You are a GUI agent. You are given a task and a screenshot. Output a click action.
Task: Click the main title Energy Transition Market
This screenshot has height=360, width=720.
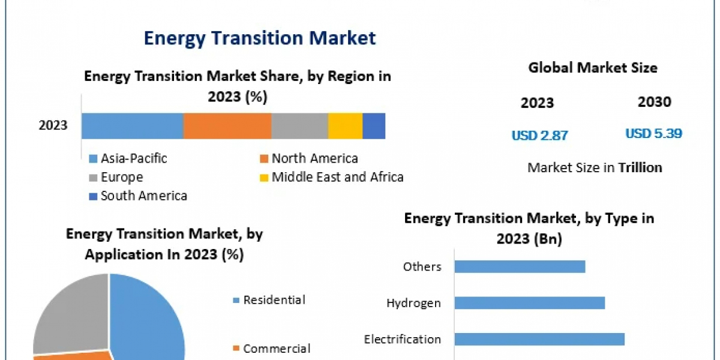click(259, 38)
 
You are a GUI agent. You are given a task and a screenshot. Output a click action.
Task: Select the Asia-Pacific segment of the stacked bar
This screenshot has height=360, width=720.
click(132, 126)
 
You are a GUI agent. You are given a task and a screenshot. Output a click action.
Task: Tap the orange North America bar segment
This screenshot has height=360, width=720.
click(227, 126)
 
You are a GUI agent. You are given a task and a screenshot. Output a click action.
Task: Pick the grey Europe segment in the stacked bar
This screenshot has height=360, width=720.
click(299, 126)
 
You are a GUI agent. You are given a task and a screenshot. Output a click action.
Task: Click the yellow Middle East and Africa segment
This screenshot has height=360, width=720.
click(345, 126)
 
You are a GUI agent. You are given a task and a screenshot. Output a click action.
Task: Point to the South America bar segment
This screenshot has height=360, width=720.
click(374, 126)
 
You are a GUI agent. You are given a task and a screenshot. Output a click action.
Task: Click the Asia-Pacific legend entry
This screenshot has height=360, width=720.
click(133, 158)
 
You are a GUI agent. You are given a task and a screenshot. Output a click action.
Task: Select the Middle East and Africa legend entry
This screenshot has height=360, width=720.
click(337, 177)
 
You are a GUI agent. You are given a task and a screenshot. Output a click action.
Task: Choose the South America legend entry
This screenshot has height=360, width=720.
click(143, 196)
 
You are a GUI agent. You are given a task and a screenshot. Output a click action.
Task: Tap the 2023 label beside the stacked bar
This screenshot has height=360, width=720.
click(53, 126)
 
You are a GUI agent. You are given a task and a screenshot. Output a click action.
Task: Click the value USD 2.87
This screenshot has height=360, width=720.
click(539, 136)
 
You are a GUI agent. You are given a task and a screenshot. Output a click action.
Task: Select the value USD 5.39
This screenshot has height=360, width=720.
click(653, 134)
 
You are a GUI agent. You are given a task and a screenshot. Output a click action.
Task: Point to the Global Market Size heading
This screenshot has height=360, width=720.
click(592, 68)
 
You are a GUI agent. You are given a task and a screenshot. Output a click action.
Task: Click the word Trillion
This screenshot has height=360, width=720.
click(640, 167)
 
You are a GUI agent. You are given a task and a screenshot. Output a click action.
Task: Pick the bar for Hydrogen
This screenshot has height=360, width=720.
click(529, 302)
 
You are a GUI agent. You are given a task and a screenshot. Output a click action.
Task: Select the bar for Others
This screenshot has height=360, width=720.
click(520, 266)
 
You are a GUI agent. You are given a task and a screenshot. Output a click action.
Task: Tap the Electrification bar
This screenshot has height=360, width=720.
click(539, 339)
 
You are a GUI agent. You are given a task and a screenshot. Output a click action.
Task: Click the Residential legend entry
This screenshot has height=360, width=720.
click(274, 300)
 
